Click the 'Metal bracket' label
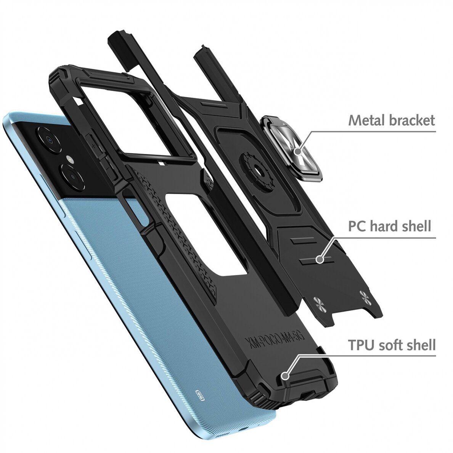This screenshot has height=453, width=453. click(391, 120)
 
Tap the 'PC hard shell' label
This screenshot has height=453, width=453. click(389, 226)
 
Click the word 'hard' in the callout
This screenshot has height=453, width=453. click(386, 226)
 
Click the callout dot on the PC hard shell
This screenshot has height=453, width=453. click(319, 260)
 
